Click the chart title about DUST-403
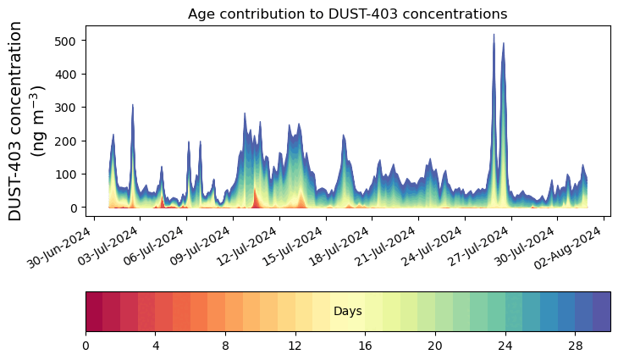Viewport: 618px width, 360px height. (347, 14)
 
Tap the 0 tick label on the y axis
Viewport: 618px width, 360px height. (74, 208)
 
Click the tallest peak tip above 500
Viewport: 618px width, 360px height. (494, 35)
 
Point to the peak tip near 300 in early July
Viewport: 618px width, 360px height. (133, 105)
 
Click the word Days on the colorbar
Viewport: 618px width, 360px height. (347, 312)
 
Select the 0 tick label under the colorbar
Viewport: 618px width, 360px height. (86, 346)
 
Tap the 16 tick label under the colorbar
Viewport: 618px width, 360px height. (365, 346)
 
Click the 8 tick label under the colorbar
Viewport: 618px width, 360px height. (225, 346)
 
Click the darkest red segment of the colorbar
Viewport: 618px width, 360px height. (94, 312)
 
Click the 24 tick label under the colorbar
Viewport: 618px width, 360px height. (505, 346)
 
